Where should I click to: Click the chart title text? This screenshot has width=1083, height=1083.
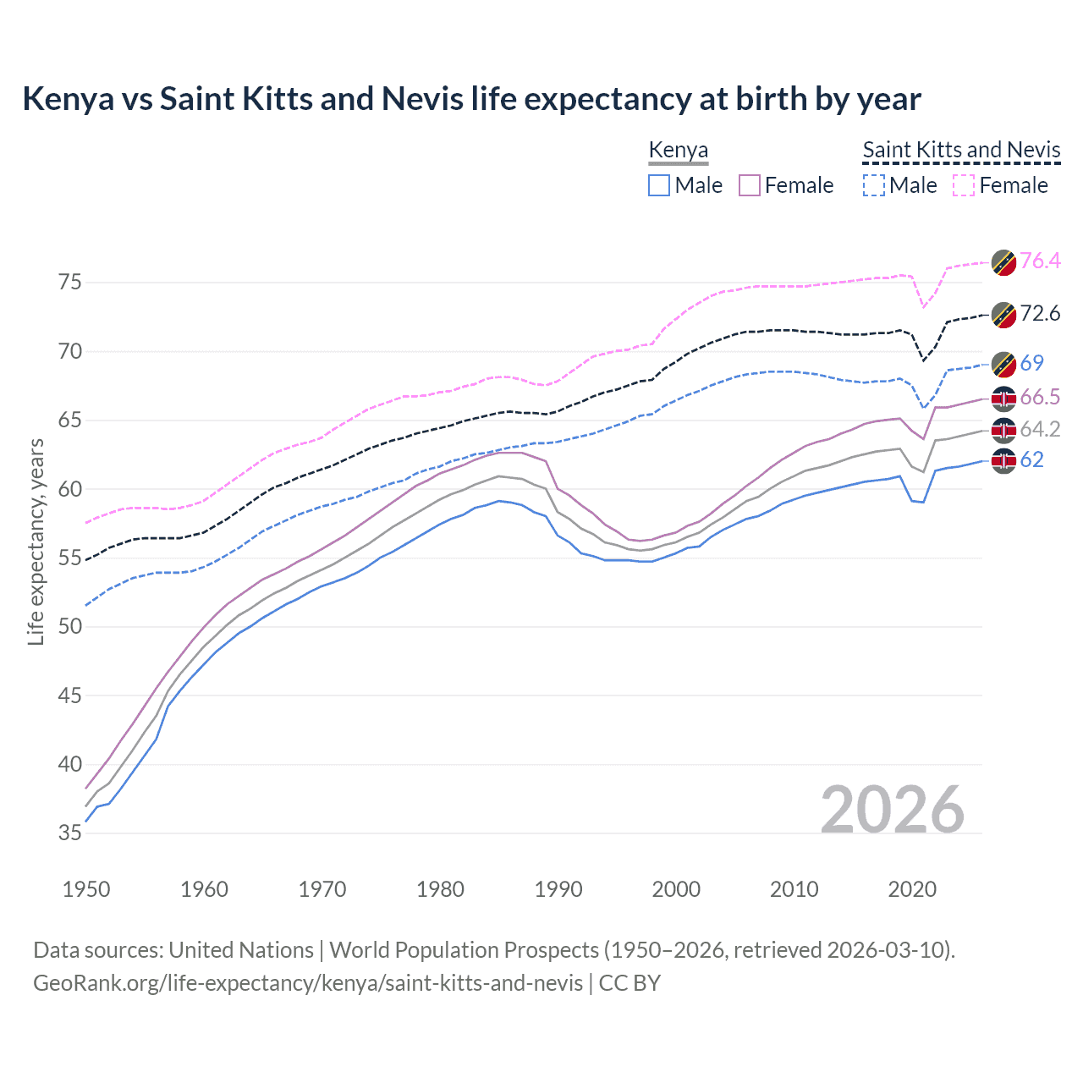tap(471, 99)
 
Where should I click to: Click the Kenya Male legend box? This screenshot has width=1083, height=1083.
tap(659, 185)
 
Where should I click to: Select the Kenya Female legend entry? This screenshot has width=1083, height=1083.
tap(786, 185)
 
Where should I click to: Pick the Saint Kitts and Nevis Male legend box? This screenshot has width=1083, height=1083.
tap(874, 185)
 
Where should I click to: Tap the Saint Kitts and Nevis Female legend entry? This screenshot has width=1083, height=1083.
tap(1001, 185)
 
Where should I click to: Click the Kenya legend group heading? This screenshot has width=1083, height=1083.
tap(678, 151)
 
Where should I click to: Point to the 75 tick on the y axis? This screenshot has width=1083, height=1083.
tap(69, 282)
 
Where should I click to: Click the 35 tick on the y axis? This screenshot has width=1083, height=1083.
tap(69, 833)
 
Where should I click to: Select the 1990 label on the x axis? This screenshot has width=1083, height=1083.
tap(558, 889)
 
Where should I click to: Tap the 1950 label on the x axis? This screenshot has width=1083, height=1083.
tap(86, 889)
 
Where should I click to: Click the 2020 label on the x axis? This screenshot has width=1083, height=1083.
tap(912, 889)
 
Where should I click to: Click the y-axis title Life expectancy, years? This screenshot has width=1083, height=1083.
tap(36, 541)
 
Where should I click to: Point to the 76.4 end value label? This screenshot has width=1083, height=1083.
tap(1040, 261)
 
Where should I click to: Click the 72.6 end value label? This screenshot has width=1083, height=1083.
tap(1040, 314)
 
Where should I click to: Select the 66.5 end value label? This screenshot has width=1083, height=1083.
tap(1040, 398)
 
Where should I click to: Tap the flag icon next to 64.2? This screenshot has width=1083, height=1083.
tap(1003, 430)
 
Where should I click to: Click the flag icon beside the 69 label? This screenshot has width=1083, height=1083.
tap(1003, 364)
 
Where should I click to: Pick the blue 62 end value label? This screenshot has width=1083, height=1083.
tap(1031, 459)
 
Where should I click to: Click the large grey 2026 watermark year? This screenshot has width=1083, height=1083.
tap(892, 810)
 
